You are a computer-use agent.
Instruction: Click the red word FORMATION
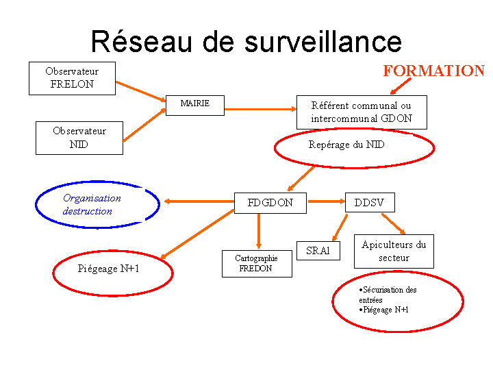(434, 71)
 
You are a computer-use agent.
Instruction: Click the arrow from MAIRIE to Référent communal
(261, 109)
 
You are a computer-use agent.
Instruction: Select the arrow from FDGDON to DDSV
(327, 201)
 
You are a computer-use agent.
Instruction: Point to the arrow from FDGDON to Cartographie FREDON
(259, 232)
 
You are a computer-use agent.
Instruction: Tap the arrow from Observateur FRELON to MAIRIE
(141, 92)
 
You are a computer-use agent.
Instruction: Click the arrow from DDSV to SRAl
(340, 227)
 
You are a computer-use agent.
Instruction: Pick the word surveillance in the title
(323, 42)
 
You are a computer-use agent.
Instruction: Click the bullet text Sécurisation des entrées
(388, 295)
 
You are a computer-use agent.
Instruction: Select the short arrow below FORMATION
(401, 86)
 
